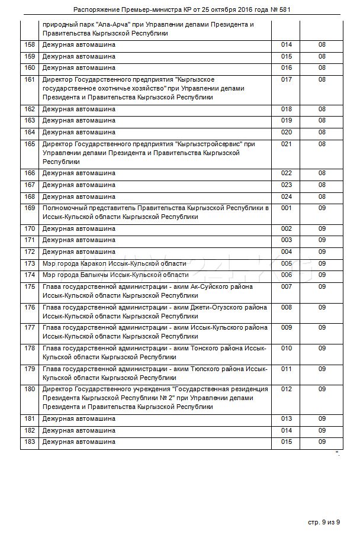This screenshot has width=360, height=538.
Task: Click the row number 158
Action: pos(29,45)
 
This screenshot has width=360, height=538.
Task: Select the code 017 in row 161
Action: pos(287,79)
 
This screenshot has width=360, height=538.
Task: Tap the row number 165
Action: pos(29,144)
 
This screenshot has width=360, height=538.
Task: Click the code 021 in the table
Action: pos(287,144)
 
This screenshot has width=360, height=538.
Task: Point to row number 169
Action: pos(29,208)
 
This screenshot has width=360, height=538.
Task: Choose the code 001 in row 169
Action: pos(287,208)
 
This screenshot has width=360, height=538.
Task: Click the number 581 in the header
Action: pos(282,10)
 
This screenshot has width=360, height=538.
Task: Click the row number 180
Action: pos(29,389)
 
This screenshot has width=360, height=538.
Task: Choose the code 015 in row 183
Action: pos(287,442)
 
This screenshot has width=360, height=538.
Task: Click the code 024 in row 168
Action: pos(287,196)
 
